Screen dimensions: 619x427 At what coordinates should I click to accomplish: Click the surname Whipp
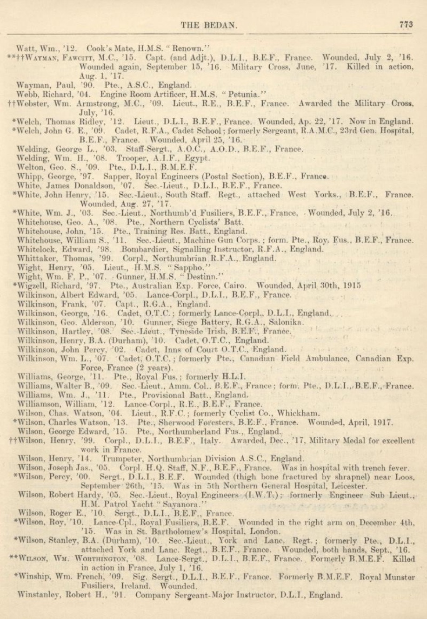point(27,177)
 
